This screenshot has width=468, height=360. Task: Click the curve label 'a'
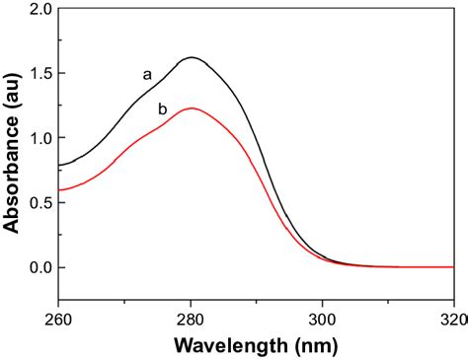click(147, 74)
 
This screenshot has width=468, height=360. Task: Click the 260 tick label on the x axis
click(60, 319)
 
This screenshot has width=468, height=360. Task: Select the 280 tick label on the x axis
click(192, 319)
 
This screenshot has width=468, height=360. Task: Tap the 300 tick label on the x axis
click(323, 319)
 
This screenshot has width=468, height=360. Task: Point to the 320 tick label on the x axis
click(452, 319)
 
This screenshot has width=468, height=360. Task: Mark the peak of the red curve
click(191, 108)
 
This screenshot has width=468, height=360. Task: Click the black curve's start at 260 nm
click(60, 165)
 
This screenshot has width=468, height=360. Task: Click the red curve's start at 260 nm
click(60, 190)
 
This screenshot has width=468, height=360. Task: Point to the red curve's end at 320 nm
click(453, 267)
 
